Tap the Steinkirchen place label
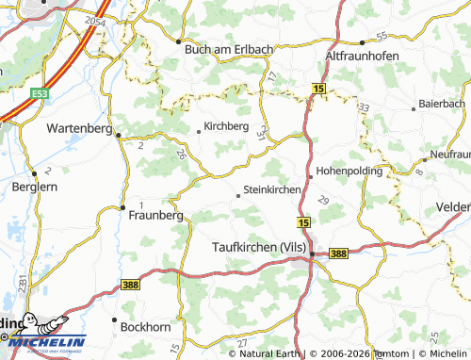click(x=272, y=189)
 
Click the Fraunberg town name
click(x=154, y=215)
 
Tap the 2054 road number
click(x=94, y=20)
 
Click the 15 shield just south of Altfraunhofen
click(x=318, y=88)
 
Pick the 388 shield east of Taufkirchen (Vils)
click(x=339, y=253)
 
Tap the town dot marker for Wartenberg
click(x=119, y=135)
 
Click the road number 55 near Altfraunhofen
click(x=382, y=36)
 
